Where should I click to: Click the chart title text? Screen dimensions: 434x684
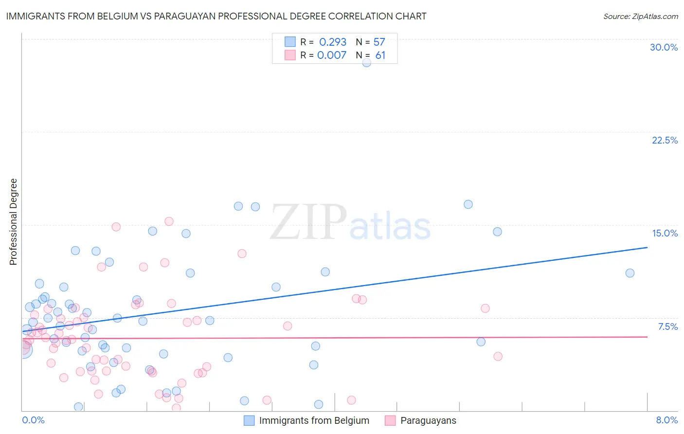pyautogui.click(x=216, y=16)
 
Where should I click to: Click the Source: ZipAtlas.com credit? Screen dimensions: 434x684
pyautogui.click(x=640, y=16)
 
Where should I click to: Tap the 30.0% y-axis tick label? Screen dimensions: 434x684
pyautogui.click(x=664, y=47)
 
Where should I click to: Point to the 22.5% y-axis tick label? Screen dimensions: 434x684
pyautogui.click(x=665, y=140)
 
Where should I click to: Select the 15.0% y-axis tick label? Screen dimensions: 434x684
pyautogui.click(x=665, y=233)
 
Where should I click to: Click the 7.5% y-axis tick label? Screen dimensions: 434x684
pyautogui.click(x=667, y=326)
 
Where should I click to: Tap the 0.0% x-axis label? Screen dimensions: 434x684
pyautogui.click(x=33, y=420)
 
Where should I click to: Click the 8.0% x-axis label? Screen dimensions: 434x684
pyautogui.click(x=666, y=420)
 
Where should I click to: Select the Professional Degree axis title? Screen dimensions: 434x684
pyautogui.click(x=13, y=222)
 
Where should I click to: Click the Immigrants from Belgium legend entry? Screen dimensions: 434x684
pyautogui.click(x=314, y=420)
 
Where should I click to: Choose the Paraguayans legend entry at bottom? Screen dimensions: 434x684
pyautogui.click(x=428, y=420)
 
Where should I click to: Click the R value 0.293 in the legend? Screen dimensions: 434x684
pyautogui.click(x=333, y=42)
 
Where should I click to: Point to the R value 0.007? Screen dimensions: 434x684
pyautogui.click(x=332, y=55)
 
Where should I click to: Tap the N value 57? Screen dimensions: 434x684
pyautogui.click(x=379, y=42)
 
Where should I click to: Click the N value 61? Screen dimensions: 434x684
pyautogui.click(x=380, y=55)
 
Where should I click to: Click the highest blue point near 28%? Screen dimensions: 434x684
pyautogui.click(x=366, y=62)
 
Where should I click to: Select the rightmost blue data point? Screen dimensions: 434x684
pyautogui.click(x=630, y=273)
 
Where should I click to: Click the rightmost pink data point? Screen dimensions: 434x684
pyautogui.click(x=498, y=356)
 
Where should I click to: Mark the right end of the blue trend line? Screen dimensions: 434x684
pyautogui.click(x=647, y=248)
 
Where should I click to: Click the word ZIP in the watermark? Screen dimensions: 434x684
pyautogui.click(x=308, y=223)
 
